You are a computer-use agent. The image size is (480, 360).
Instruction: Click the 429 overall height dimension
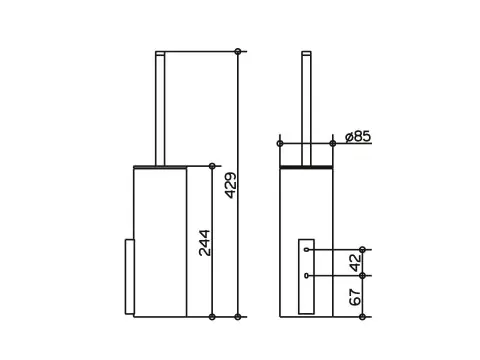pos(231,185)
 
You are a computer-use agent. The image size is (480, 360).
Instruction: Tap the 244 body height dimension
pos(205,243)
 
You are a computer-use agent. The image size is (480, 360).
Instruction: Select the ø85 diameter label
pos(358,136)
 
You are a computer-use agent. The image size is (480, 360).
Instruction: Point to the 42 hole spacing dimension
pos(356,262)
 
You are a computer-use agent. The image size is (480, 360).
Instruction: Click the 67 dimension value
pos(356,297)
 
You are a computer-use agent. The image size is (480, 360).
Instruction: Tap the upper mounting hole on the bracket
pos(306,249)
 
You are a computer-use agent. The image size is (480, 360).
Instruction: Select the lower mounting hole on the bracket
pos(306,275)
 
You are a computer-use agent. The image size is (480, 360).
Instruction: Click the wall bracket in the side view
pos(130,277)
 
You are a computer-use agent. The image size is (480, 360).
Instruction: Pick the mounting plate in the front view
pos(306,276)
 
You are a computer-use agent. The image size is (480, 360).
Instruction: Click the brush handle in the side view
pos(160,108)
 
